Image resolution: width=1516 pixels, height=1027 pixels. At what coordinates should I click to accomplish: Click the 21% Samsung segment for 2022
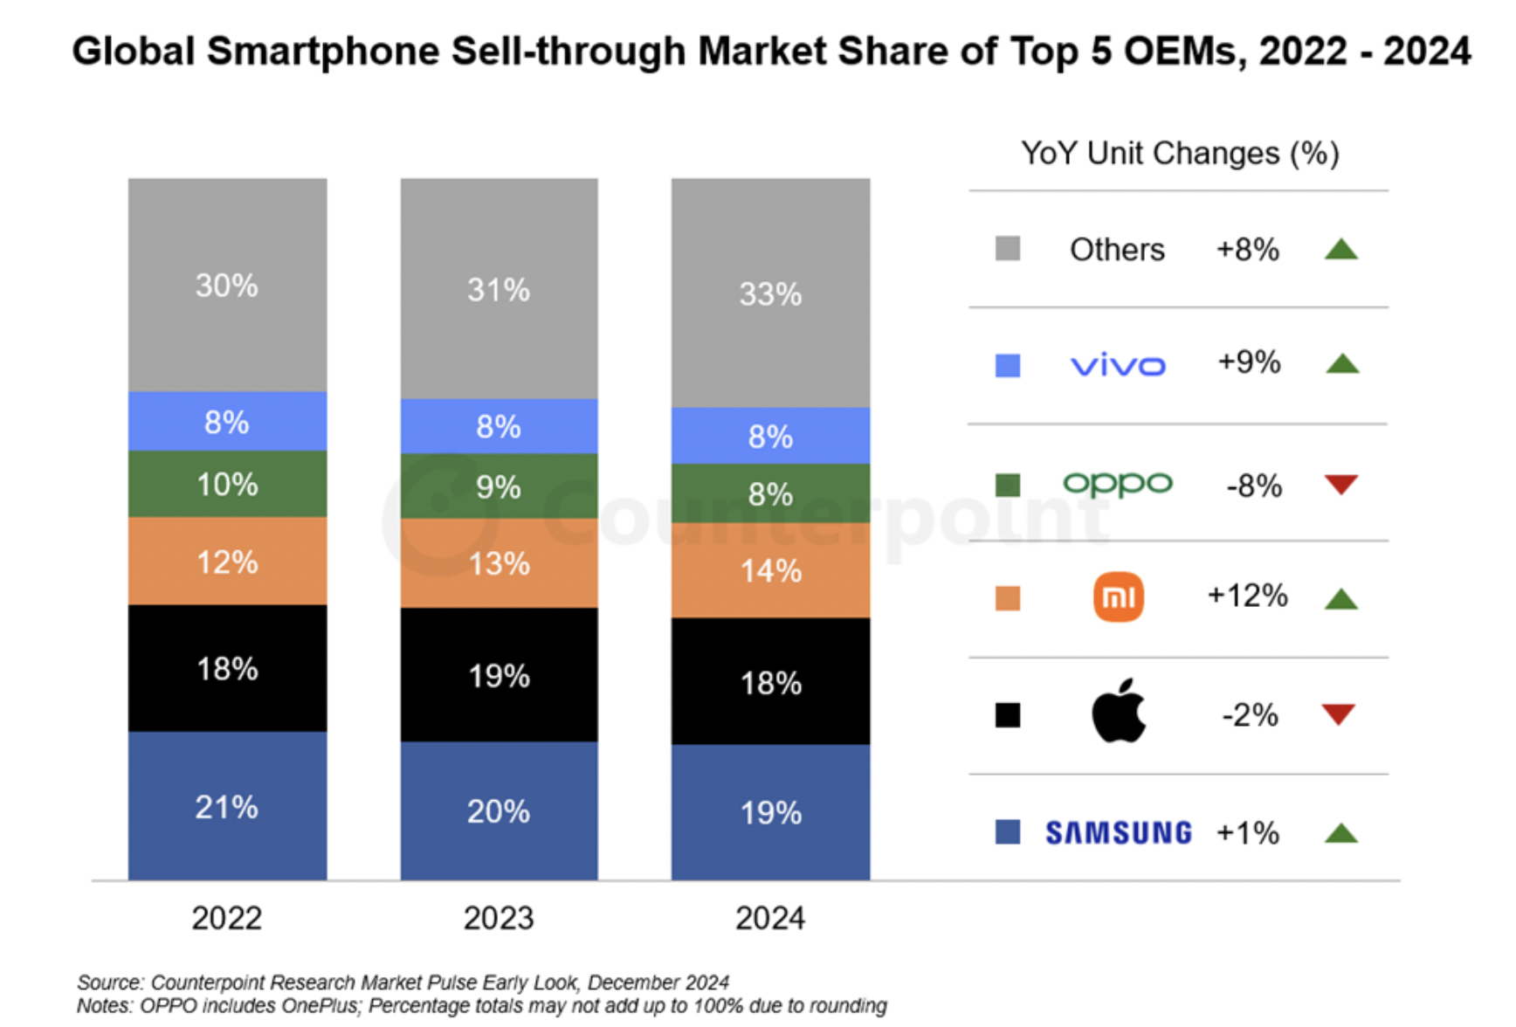(x=227, y=806)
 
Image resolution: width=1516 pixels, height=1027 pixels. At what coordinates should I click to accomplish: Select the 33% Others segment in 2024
(x=770, y=293)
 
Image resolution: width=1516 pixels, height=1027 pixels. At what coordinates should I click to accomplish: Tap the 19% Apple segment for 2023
(x=499, y=675)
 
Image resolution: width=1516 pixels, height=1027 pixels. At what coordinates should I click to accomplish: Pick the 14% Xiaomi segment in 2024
(x=770, y=571)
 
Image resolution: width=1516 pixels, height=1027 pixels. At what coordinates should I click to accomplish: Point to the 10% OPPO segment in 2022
(x=227, y=484)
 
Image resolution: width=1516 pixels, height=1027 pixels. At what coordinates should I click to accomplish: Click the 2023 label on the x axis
(x=499, y=918)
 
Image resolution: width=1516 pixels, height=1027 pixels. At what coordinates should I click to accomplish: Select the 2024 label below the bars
(x=770, y=918)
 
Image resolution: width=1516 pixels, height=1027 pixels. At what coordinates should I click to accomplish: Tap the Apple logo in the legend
(x=1119, y=711)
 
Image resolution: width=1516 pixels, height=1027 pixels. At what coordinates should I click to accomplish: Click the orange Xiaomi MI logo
(x=1119, y=597)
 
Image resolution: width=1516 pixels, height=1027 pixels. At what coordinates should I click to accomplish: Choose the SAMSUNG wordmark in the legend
(x=1119, y=833)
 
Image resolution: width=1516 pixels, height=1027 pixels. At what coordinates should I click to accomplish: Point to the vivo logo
(x=1119, y=365)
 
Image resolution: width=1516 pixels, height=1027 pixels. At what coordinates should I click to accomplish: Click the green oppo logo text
(x=1118, y=483)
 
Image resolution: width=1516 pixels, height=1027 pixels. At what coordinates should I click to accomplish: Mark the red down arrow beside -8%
(x=1341, y=484)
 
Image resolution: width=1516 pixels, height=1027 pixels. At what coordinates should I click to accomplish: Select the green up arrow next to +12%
(x=1341, y=599)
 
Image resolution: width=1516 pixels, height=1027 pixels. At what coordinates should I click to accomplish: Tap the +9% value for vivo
(x=1249, y=362)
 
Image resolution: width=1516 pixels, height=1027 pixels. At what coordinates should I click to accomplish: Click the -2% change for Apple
(x=1250, y=715)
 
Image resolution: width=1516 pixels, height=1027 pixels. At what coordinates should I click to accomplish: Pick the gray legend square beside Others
(x=1008, y=249)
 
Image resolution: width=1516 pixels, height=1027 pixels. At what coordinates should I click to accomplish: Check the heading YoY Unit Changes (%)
(x=1180, y=154)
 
